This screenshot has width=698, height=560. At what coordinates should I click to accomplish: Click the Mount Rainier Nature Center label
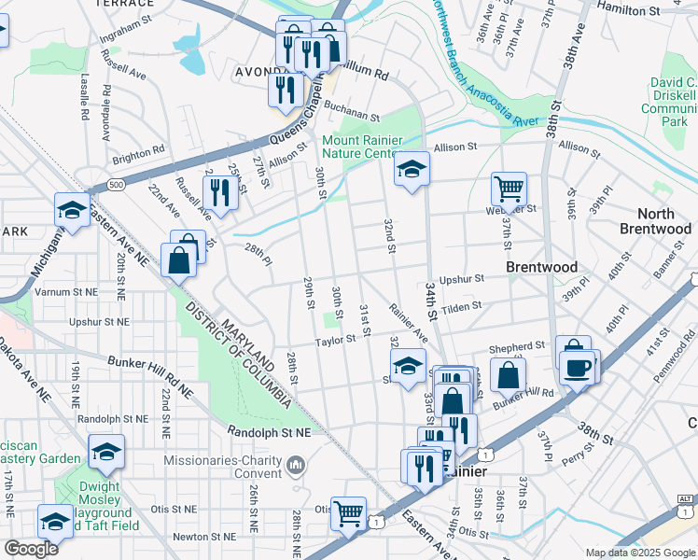(361, 147)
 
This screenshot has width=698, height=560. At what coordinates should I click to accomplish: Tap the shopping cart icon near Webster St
(510, 189)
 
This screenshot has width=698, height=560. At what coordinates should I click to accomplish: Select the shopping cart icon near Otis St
(349, 511)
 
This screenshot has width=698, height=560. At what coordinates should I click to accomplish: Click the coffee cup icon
(579, 366)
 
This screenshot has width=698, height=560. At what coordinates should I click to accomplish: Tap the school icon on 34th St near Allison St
(411, 169)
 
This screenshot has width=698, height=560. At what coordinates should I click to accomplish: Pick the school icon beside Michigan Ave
(72, 210)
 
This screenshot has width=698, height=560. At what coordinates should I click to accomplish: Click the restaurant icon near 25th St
(221, 191)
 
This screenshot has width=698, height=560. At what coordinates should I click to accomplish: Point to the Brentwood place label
(541, 267)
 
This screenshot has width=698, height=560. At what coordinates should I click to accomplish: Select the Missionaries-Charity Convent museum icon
(296, 463)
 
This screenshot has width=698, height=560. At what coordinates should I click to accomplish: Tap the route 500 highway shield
(116, 185)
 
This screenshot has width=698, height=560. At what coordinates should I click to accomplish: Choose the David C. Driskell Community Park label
(669, 103)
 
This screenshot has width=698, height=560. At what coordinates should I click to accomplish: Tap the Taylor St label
(335, 341)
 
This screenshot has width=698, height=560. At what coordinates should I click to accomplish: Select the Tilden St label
(462, 305)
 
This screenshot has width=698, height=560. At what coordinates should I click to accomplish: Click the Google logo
(31, 549)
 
